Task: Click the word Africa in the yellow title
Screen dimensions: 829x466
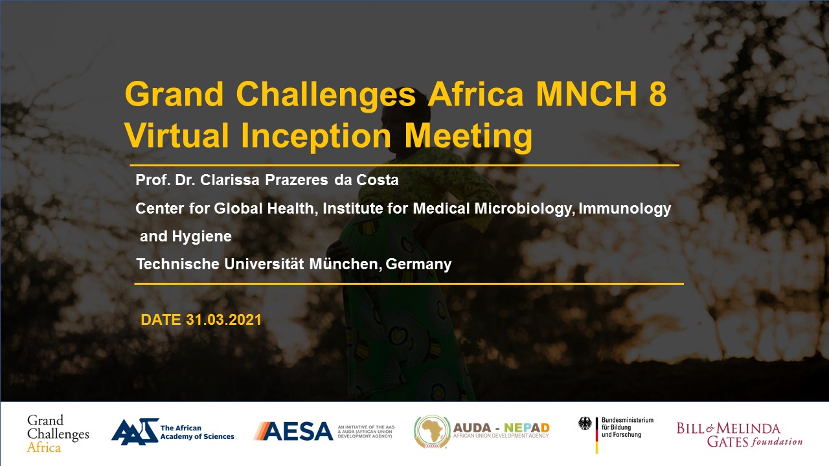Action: [476, 94]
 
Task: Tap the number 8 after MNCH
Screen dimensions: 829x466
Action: [657, 94]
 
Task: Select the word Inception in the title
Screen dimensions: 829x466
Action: [316, 135]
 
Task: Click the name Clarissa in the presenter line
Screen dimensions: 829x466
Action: [230, 180]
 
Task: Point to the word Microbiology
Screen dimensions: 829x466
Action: [525, 209]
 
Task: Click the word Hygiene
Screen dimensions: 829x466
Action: [201, 237]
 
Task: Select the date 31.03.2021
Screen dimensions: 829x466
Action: [223, 320]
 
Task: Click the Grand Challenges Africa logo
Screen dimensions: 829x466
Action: [58, 434]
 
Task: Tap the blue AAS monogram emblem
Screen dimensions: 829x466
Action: [135, 431]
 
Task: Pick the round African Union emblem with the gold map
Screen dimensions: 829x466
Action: [432, 432]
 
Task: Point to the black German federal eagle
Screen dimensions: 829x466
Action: [585, 423]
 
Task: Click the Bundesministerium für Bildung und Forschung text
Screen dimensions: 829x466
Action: [628, 428]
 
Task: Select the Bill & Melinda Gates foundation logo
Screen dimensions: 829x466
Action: [740, 435]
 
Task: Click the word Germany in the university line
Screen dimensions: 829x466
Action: [418, 265]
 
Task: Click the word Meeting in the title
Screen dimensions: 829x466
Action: [468, 135]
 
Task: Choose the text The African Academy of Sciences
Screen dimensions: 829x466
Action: [197, 432]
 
